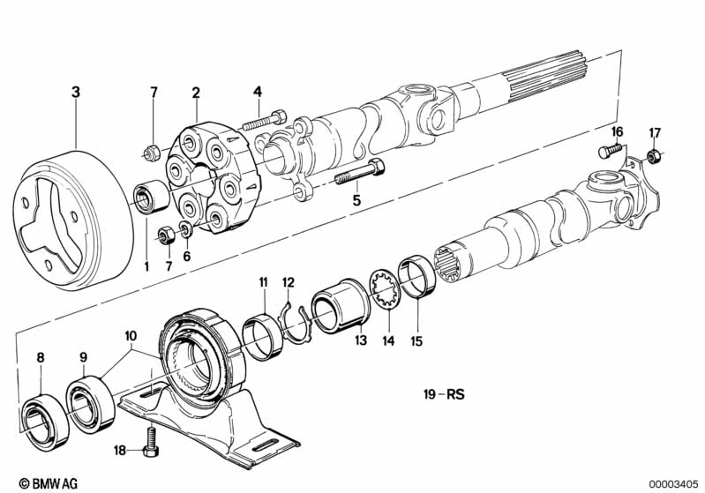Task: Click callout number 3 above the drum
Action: tap(76, 91)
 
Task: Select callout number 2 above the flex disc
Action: tap(196, 91)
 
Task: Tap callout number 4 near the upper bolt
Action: tap(258, 91)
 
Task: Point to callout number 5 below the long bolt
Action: tap(357, 201)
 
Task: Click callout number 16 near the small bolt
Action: tap(617, 131)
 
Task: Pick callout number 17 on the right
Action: tap(654, 133)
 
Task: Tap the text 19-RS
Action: tap(443, 395)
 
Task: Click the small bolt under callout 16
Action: tap(607, 152)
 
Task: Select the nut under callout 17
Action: tap(654, 157)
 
